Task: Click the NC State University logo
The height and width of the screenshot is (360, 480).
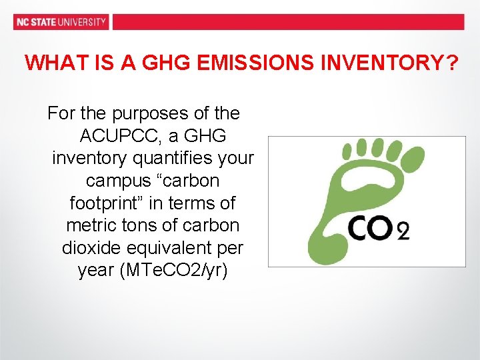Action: tap(61, 21)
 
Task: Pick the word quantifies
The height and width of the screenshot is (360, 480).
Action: tap(169, 159)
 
